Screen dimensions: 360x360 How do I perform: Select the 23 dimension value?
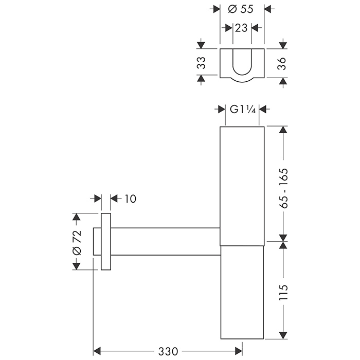pyautogui.click(x=241, y=28)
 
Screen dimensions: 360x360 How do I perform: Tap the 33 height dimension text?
pyautogui.click(x=202, y=63)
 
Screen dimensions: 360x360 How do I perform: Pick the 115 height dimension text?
pyautogui.click(x=282, y=293)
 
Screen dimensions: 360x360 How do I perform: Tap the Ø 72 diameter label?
pyautogui.click(x=77, y=242)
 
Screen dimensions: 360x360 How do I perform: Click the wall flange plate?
pyautogui.click(x=106, y=241)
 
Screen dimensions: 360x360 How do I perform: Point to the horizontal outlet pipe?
pyautogui.click(x=165, y=241)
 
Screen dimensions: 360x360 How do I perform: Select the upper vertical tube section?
pyautogui.click(x=242, y=185)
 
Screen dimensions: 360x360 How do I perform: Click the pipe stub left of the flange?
pyautogui.click(x=97, y=241)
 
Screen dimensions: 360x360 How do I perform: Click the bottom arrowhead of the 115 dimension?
pyautogui.click(x=282, y=335)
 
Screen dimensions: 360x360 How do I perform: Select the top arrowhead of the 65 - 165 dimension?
pyautogui.click(x=282, y=130)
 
